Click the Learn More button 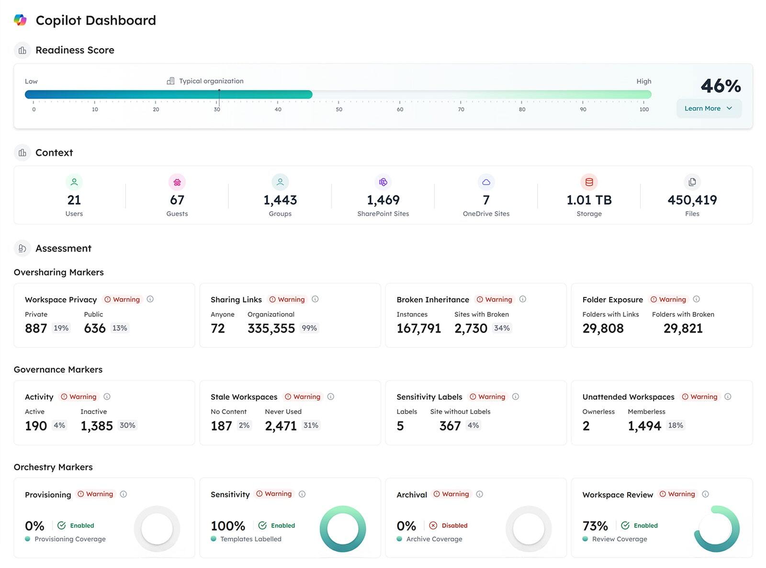point(708,109)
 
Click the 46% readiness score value point(721,86)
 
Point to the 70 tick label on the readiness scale point(461,110)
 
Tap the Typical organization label point(211,81)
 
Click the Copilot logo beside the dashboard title point(20,20)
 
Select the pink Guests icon point(177,182)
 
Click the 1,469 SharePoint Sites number point(383,200)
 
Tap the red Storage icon point(589,182)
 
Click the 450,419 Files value point(692,200)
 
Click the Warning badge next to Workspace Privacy point(122,300)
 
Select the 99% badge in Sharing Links point(309,328)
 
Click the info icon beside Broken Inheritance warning point(523,299)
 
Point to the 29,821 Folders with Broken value point(683,328)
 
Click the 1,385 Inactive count point(97,426)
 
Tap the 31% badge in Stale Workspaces point(311,425)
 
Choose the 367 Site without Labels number point(450,426)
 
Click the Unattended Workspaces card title point(628,397)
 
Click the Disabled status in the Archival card point(454,525)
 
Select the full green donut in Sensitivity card point(343,529)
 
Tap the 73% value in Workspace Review point(595,526)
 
